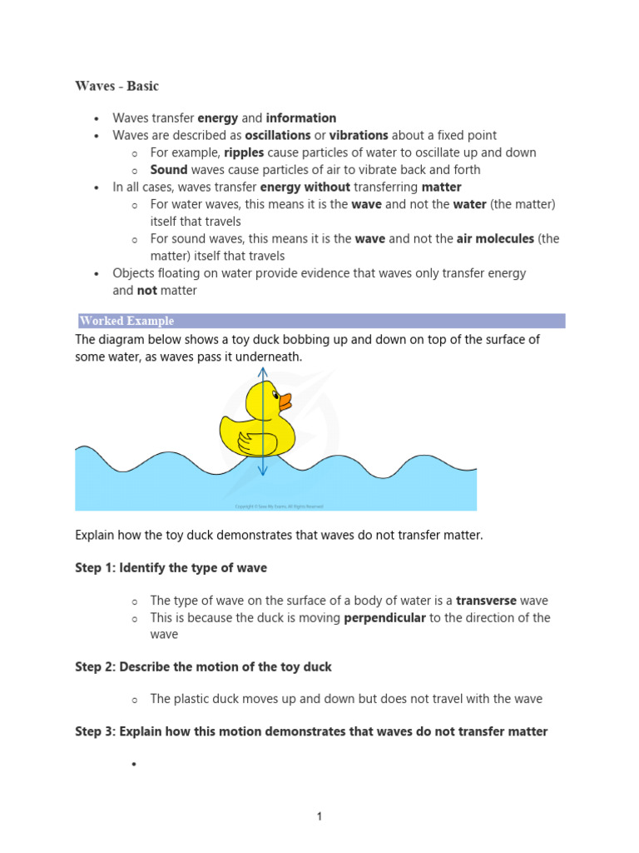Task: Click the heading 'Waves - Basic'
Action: pyautogui.click(x=116, y=86)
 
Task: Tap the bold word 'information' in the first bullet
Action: pyautogui.click(x=301, y=118)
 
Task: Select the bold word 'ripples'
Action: pyautogui.click(x=244, y=152)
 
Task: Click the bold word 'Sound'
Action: pyautogui.click(x=169, y=170)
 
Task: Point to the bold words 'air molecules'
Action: pyautogui.click(x=495, y=239)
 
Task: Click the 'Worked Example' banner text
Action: pyautogui.click(x=126, y=321)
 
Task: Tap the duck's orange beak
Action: pyautogui.click(x=285, y=402)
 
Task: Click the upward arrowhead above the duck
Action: pyautogui.click(x=263, y=372)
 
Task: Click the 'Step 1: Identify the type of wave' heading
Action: pyautogui.click(x=171, y=568)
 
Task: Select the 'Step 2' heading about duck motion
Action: pyautogui.click(x=203, y=666)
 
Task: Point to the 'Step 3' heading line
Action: pyautogui.click(x=311, y=731)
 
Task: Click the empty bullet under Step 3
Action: pyautogui.click(x=132, y=764)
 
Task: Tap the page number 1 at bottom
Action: pyautogui.click(x=319, y=816)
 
